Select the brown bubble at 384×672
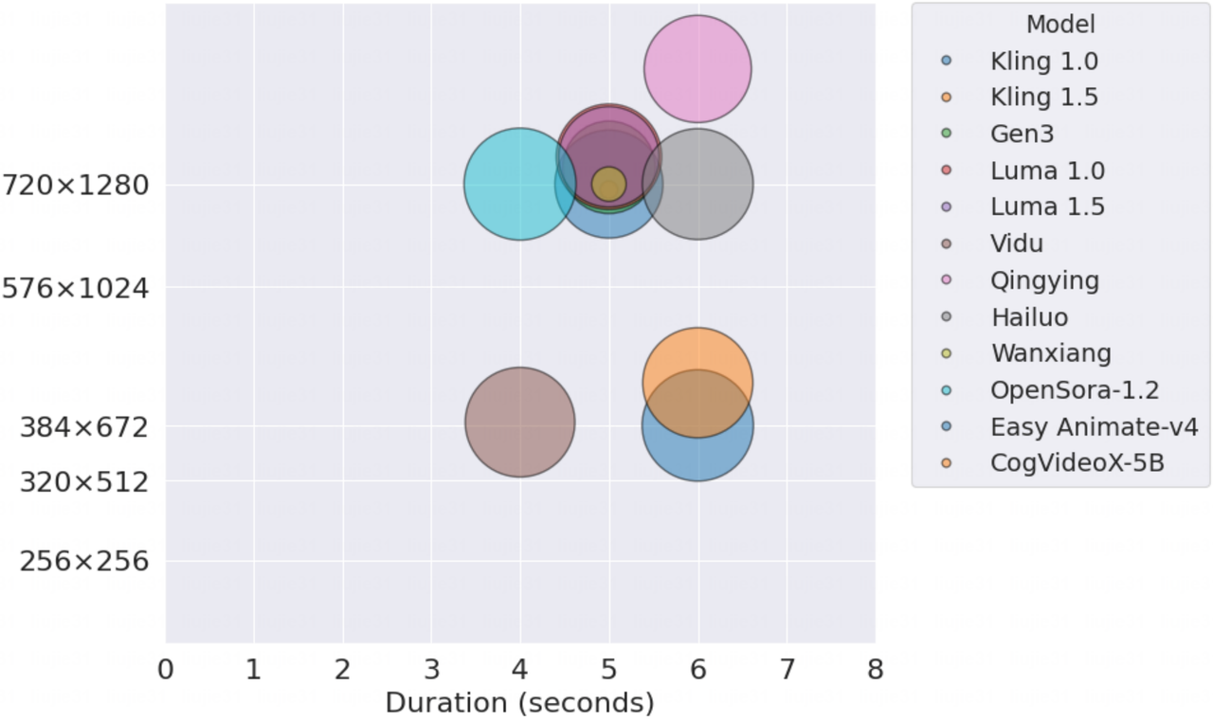point(519,423)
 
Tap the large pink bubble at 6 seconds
point(697,68)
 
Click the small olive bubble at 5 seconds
point(608,184)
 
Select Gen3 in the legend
point(1022,134)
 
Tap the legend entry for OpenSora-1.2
point(1075,390)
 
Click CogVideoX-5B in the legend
point(1077,463)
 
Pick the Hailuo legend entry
point(1029,317)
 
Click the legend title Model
point(1060,25)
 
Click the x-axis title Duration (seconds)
point(519,703)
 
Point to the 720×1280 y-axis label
point(76,185)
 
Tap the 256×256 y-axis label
point(84,562)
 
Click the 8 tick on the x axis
point(875,670)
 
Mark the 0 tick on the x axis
point(166,670)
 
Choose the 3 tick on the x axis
point(431,670)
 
